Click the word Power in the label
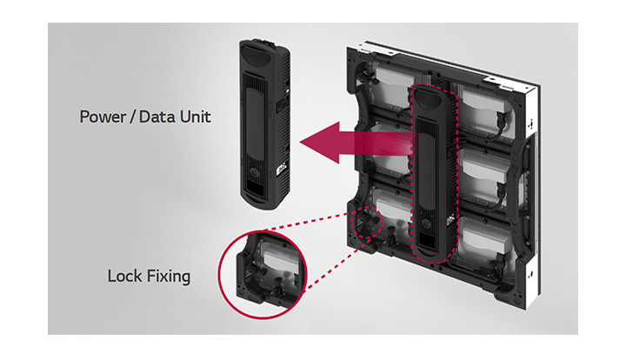[x=103, y=117]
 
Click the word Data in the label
[x=157, y=117]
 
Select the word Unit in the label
[x=196, y=117]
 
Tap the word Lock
[x=124, y=276]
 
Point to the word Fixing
[x=169, y=277]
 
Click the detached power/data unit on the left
[x=264, y=124]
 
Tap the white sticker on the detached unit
[x=281, y=166]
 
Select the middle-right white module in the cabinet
[x=484, y=176]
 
